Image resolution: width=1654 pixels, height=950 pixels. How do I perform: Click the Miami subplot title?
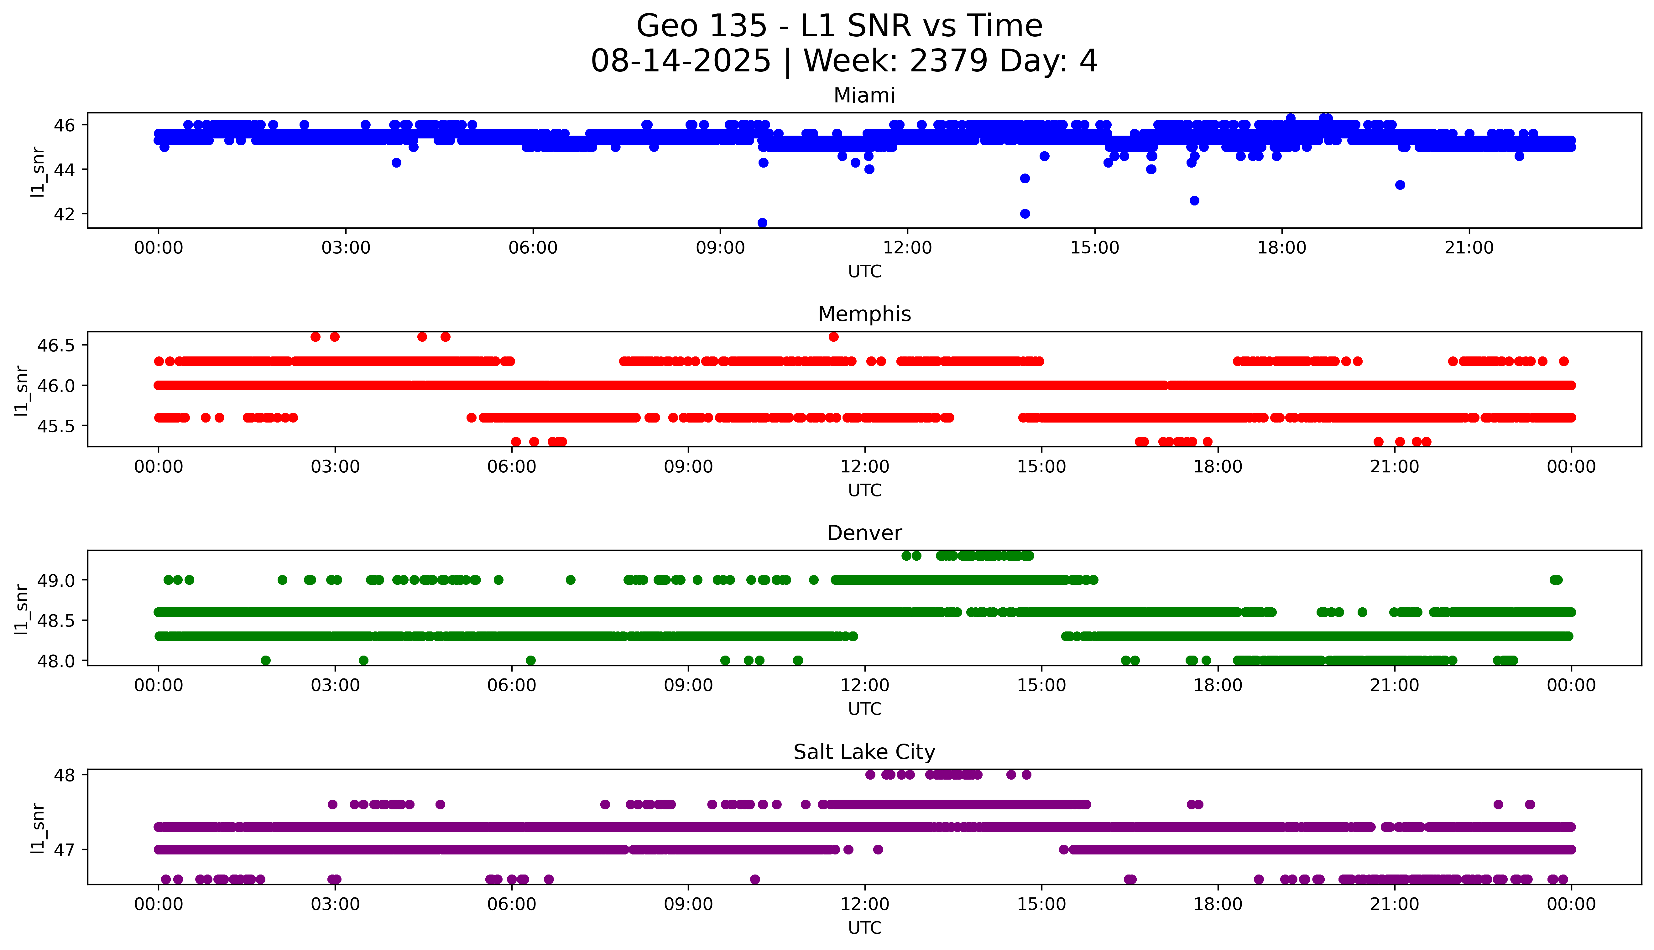864,96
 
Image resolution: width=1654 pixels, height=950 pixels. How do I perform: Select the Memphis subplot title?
864,314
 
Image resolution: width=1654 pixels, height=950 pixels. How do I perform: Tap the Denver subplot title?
864,533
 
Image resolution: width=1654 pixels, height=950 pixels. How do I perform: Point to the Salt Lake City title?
864,752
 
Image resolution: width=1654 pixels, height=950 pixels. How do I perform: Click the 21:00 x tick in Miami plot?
1469,248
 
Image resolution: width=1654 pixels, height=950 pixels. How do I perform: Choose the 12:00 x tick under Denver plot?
864,686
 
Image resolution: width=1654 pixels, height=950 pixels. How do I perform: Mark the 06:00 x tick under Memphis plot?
512,467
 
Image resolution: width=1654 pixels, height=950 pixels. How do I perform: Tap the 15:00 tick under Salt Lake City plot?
1041,904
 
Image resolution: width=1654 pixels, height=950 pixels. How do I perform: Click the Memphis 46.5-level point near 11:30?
833,337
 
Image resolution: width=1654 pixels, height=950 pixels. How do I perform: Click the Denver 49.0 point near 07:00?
570,579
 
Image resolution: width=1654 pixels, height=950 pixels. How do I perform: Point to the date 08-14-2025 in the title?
681,61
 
